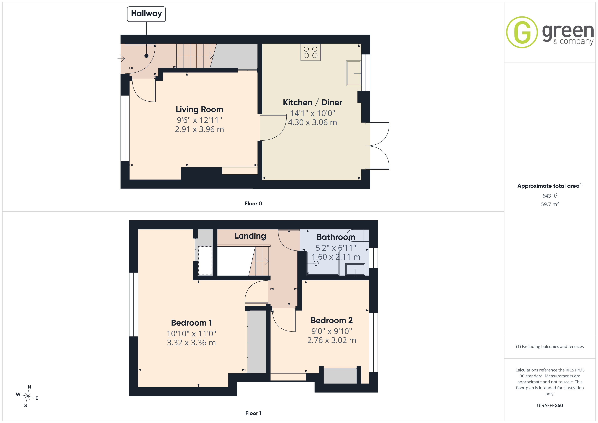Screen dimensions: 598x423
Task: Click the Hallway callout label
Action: [x=146, y=14]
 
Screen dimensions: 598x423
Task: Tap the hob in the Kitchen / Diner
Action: [x=311, y=52]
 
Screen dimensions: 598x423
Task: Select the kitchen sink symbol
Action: [x=353, y=73]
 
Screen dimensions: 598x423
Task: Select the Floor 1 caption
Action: [x=253, y=413]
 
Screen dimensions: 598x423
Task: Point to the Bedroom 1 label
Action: [x=191, y=323]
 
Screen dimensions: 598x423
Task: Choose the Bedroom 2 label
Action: [x=332, y=320]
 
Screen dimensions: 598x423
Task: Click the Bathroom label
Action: [x=336, y=237]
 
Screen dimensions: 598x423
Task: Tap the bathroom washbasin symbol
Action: [x=355, y=269]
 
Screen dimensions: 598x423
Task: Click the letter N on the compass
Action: [x=29, y=387]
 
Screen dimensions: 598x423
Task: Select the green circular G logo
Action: [x=522, y=32]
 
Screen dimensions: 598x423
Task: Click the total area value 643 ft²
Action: [x=550, y=196]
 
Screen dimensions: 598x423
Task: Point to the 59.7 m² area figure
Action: [x=550, y=204]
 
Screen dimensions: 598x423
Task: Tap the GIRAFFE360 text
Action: [x=550, y=406]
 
